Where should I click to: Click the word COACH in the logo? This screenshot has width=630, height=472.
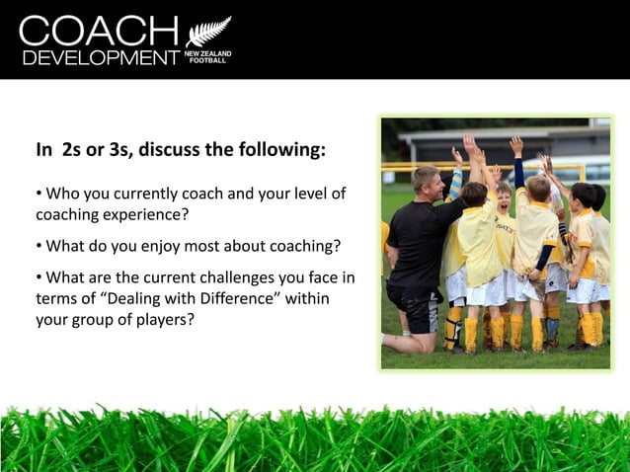[99, 31]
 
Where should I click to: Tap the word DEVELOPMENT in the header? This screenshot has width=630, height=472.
[99, 57]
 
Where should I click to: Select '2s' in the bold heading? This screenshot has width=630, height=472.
[72, 151]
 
